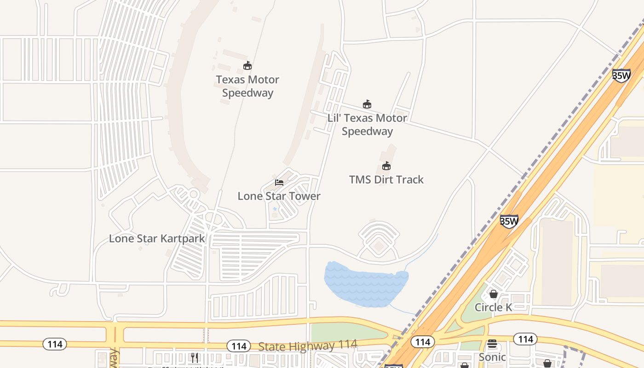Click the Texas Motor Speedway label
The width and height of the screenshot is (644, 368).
[247, 86]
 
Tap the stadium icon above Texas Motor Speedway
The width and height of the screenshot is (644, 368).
[247, 66]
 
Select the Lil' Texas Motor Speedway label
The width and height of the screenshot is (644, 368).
[367, 125]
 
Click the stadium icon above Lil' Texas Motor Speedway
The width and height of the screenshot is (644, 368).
[367, 104]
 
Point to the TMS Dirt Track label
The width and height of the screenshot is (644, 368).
[386, 179]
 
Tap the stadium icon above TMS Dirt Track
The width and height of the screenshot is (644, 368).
[386, 166]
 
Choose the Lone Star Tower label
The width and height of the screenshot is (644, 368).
[279, 196]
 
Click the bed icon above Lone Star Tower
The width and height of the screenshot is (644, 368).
[279, 183]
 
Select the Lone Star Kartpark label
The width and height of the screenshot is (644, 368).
[157, 239]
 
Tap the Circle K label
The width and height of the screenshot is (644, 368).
[493, 307]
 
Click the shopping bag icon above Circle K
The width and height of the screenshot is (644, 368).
[494, 294]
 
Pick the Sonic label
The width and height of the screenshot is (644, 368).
[492, 357]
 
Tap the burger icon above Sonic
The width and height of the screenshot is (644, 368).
[492, 344]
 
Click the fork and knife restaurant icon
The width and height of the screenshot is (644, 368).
[195, 357]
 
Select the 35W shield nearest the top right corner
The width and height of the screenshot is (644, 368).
[621, 76]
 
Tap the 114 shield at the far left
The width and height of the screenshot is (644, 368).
[55, 344]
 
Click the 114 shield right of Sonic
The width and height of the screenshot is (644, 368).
[525, 339]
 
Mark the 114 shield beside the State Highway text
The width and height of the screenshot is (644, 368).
[239, 346]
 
